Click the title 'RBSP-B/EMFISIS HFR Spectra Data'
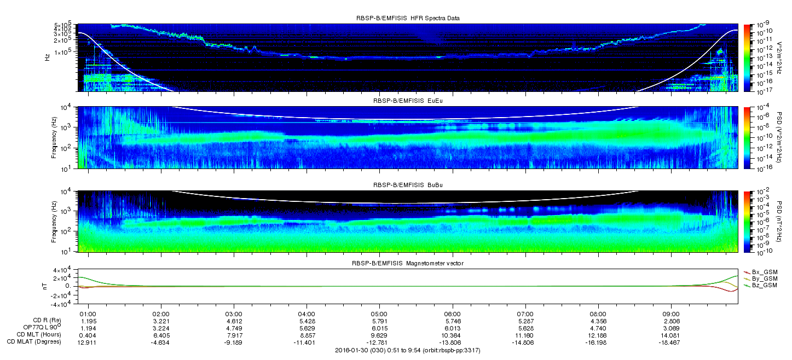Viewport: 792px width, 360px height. tap(408, 18)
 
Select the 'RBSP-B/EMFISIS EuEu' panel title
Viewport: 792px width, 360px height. tap(408, 101)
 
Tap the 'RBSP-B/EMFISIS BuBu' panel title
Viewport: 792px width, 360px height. tap(408, 185)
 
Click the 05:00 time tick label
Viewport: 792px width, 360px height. tap(379, 314)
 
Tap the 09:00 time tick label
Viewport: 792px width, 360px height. tap(671, 314)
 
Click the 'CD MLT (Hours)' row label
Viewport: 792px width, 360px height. tap(39, 335)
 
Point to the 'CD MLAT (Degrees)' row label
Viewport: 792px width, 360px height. tap(34, 342)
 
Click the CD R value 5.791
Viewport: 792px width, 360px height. tap(379, 322)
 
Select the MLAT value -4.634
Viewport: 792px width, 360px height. tap(161, 342)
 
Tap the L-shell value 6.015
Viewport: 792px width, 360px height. tap(379, 328)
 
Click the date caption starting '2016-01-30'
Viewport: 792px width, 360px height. tap(408, 351)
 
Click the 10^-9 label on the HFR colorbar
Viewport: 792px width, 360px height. tap(762, 25)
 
